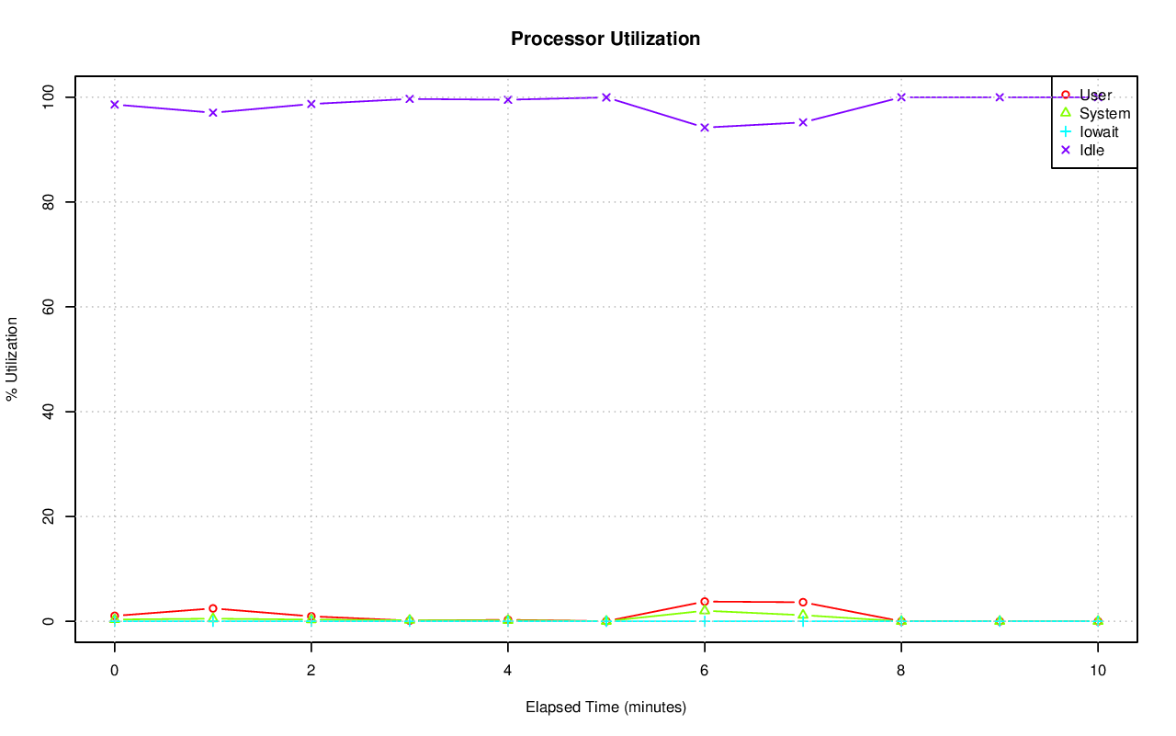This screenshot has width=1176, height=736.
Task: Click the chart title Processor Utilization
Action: click(x=605, y=39)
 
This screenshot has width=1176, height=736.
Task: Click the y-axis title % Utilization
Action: click(x=12, y=358)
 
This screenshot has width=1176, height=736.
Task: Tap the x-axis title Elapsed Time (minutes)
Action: click(x=605, y=708)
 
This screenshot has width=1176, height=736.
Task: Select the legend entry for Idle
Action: click(x=1091, y=150)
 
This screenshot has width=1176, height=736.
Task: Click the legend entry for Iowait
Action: click(x=1098, y=131)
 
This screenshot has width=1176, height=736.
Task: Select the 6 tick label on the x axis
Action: click(x=704, y=671)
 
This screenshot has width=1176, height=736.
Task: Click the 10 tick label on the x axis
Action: click(x=1097, y=671)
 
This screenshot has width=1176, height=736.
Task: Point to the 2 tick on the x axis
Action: click(x=311, y=671)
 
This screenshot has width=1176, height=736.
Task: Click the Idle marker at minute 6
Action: click(x=704, y=128)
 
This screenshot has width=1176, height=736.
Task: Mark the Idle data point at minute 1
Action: click(x=212, y=113)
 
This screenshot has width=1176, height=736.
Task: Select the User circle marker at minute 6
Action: click(x=704, y=602)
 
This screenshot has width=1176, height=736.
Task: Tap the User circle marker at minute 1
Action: click(x=212, y=608)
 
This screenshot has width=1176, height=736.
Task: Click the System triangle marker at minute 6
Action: click(x=704, y=610)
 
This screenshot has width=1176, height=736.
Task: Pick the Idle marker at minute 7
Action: click(x=802, y=122)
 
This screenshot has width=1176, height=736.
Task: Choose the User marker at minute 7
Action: click(x=802, y=603)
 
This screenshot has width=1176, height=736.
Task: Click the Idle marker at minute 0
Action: click(x=114, y=105)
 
